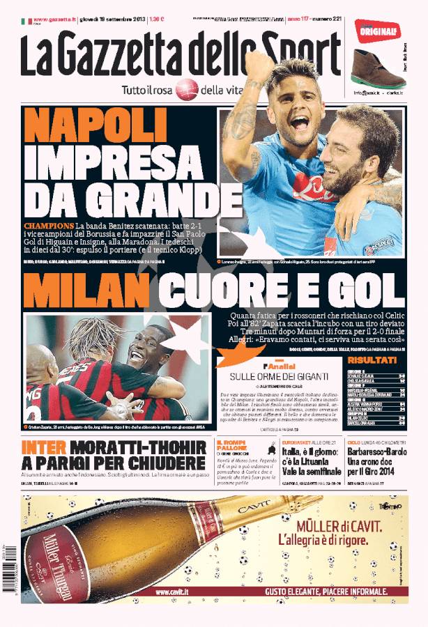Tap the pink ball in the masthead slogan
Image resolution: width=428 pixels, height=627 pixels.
[x=187, y=89]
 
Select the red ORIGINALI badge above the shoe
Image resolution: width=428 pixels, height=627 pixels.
[x=376, y=31]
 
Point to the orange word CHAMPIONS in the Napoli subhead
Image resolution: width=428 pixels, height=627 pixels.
[x=49, y=226]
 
